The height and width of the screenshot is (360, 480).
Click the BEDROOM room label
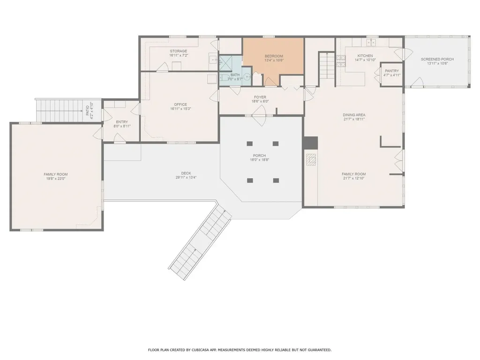[x=274, y=56]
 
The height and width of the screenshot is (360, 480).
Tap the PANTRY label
[x=392, y=71]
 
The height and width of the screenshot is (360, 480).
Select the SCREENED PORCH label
[x=437, y=59]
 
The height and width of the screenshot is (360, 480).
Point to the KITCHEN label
[x=365, y=56]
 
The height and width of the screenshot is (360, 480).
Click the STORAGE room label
[x=179, y=51]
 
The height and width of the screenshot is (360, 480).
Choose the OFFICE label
[x=180, y=105]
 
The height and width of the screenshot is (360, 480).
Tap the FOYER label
[x=260, y=97]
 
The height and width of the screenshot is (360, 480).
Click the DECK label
[x=186, y=173]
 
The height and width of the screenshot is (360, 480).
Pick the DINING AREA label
[x=354, y=115]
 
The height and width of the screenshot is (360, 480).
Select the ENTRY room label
[x=122, y=122]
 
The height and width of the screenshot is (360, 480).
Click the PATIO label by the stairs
[x=88, y=110]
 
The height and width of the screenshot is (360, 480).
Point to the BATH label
[x=235, y=75]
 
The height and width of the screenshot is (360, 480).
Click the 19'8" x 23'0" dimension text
[x=55, y=179]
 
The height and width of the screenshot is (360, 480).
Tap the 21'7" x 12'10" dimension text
[x=354, y=178]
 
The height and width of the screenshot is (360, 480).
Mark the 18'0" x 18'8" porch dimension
[x=259, y=159]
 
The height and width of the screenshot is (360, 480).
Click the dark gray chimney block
[x=310, y=143]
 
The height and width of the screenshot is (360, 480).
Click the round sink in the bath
[x=247, y=77]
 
